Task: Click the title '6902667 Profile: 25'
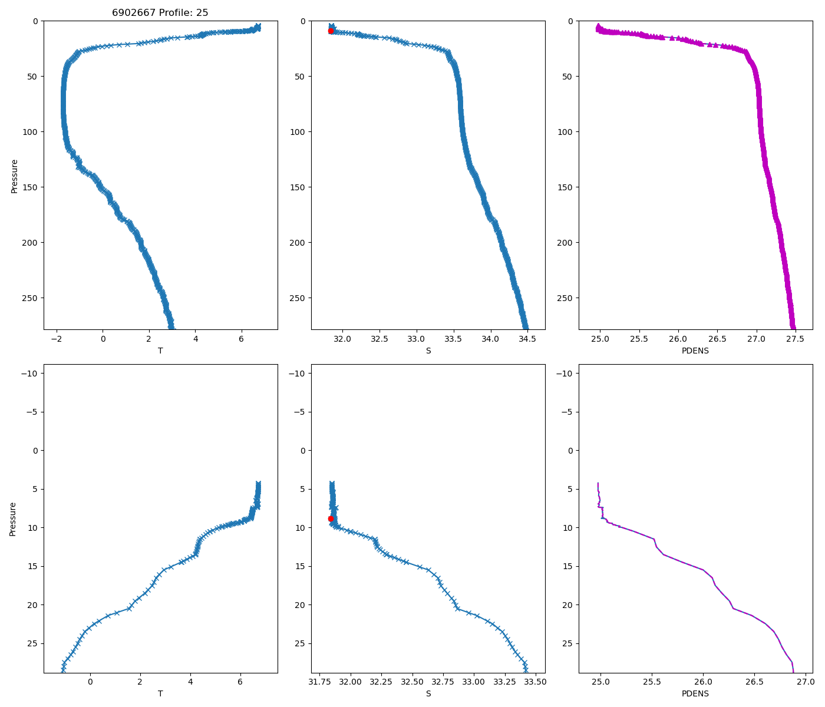coord(160,12)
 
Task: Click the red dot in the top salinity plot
coord(331,31)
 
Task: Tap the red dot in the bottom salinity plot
coord(331,518)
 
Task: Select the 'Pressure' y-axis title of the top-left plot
coord(14,176)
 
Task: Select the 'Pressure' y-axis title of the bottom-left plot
coord(13,518)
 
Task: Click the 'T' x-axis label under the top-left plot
coord(160,351)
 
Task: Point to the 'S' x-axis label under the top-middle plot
coord(428,351)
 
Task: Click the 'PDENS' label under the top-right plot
coord(695,351)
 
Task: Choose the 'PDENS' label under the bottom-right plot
coord(695,693)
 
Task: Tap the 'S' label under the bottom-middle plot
coord(428,693)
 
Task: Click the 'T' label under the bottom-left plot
coord(160,693)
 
